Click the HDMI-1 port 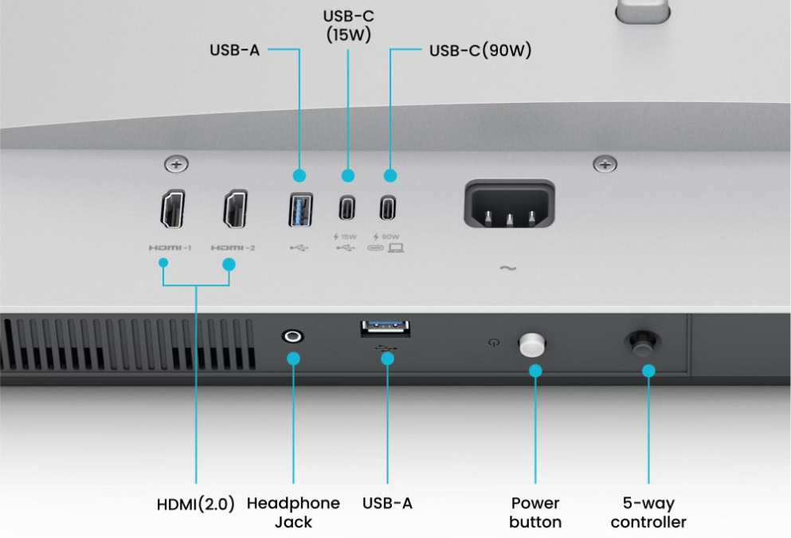[173, 210]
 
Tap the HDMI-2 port [236, 210]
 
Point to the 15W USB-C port [347, 207]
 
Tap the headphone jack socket [292, 336]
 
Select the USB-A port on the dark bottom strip [386, 328]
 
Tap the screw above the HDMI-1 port [175, 164]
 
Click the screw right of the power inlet [605, 164]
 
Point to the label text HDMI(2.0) [195, 504]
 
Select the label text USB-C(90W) [480, 50]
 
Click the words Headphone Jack [293, 512]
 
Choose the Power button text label [535, 512]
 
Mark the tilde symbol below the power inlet [507, 268]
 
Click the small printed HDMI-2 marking [233, 248]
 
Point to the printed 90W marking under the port [390, 237]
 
